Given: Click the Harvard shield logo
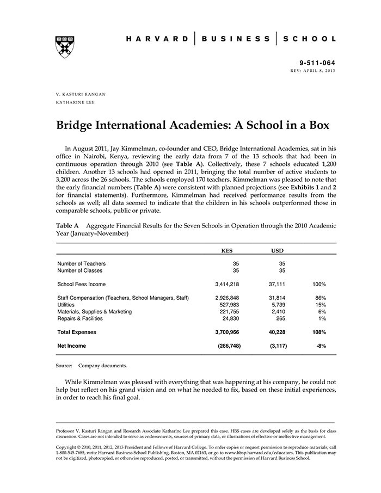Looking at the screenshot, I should tap(65, 47).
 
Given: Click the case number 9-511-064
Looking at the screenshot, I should tap(318, 64).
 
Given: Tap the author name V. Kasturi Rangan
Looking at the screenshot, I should tap(81, 94).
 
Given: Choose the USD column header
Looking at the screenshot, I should tap(277, 251).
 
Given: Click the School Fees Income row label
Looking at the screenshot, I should tap(82, 284).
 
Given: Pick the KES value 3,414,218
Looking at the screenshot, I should tap(227, 284).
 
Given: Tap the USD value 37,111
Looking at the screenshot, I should tap(277, 284).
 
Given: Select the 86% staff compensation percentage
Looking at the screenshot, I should tap(320, 298).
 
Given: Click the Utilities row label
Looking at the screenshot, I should tap(66, 305).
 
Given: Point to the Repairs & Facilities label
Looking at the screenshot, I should tap(80, 319).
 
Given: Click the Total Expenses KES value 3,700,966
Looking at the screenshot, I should tap(227, 332).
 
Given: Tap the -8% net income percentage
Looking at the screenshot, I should tap(321, 346).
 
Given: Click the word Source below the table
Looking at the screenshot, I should tap(64, 366).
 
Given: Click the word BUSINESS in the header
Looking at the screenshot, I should tap(236, 39).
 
